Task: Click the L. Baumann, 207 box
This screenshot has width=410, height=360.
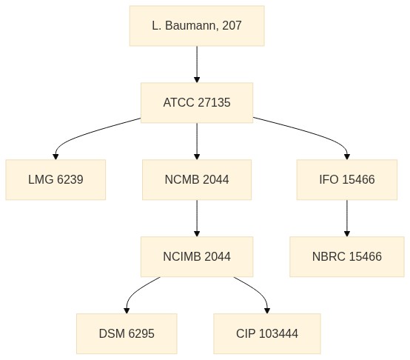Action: pyautogui.click(x=197, y=26)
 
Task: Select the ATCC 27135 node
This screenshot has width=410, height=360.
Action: pyautogui.click(x=197, y=102)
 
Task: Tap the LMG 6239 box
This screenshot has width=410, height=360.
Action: pyautogui.click(x=56, y=179)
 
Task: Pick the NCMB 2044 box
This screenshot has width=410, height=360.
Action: pyautogui.click(x=197, y=179)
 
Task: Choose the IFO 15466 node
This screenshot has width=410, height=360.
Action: pyautogui.click(x=347, y=179)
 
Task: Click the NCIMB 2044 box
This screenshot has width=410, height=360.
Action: pyautogui.click(x=197, y=256)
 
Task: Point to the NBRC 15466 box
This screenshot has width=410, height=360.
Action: pyautogui.click(x=347, y=256)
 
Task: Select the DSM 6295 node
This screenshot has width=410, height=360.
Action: pyautogui.click(x=127, y=333)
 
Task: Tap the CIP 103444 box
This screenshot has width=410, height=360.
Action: pyautogui.click(x=267, y=333)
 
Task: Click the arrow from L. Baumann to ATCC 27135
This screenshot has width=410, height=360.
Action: pyautogui.click(x=197, y=64)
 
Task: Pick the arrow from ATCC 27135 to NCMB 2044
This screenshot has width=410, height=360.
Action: pyautogui.click(x=197, y=141)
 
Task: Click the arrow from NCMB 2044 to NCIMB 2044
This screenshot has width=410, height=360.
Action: pyautogui.click(x=197, y=219)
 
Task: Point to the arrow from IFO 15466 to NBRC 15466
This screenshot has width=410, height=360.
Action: pyautogui.click(x=347, y=219)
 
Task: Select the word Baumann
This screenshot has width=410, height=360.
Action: pyautogui.click(x=192, y=26)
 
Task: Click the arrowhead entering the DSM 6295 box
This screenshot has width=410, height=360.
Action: pyautogui.click(x=127, y=311)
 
